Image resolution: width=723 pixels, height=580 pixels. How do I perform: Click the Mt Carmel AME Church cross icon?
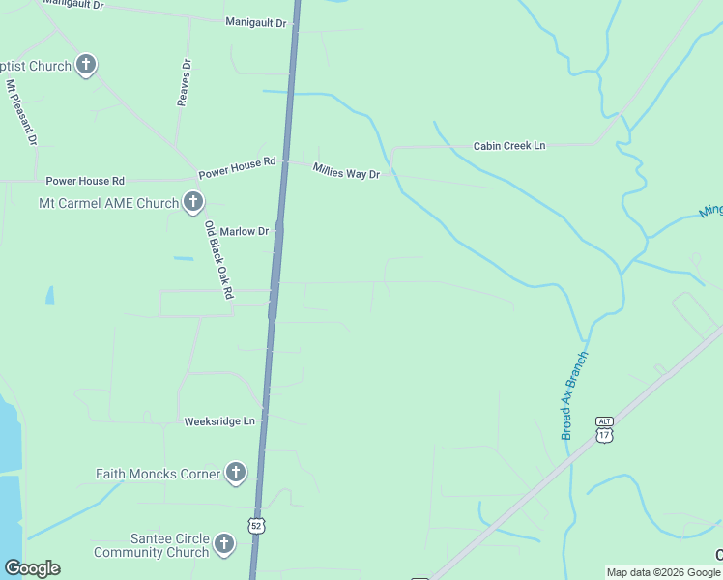tap(193, 203)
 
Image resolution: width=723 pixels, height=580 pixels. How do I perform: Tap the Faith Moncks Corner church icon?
tap(235, 474)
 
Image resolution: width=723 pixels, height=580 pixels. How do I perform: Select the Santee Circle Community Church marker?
tap(224, 544)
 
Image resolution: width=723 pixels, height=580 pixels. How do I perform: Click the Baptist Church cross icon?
tap(86, 66)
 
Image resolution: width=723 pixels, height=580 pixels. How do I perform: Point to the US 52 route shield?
tap(255, 525)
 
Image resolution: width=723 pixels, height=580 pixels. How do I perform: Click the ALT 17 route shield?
tap(605, 430)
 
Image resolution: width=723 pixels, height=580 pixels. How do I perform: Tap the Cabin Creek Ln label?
tap(509, 146)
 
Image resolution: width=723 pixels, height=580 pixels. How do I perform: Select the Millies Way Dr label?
tap(346, 171)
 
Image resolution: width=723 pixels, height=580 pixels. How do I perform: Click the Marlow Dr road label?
tap(244, 232)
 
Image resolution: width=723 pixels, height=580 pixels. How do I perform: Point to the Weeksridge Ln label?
tap(220, 421)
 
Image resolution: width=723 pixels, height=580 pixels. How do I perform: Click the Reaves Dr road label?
tap(184, 82)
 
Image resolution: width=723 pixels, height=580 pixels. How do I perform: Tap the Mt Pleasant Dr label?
tap(20, 113)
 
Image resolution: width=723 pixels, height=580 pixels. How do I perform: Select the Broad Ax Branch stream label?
tap(574, 394)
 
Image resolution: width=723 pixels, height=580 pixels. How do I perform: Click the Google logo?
tap(32, 568)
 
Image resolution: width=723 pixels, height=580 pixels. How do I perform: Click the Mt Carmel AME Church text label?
tap(108, 204)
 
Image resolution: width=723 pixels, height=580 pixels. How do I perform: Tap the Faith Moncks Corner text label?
tap(158, 475)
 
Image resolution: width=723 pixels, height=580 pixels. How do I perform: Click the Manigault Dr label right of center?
tap(255, 21)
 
